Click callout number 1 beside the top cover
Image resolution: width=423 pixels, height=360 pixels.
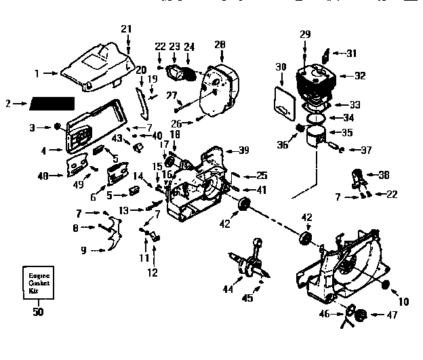pos(37,71)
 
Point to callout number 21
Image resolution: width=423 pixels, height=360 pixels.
pos(125,28)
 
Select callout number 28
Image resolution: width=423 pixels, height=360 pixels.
pos(219,45)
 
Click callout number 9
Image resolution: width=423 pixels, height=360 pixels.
pos(83,250)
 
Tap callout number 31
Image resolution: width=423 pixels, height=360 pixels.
pos(350,54)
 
